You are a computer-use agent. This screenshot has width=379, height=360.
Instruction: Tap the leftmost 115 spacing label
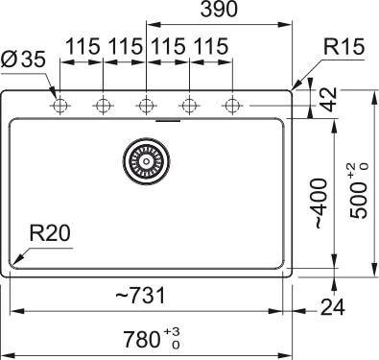click(x=83, y=47)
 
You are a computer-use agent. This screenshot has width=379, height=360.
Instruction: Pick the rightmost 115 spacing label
click(x=209, y=47)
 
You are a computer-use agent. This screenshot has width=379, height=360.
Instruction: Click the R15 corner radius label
click(x=343, y=46)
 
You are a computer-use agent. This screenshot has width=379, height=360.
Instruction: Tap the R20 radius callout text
click(x=49, y=232)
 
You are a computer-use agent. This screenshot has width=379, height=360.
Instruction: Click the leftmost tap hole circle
click(x=59, y=104)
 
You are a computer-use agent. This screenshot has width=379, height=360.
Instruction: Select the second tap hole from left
click(x=103, y=104)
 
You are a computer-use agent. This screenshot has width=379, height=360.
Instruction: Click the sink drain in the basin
click(x=145, y=161)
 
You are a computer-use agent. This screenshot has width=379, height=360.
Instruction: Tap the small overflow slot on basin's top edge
click(x=169, y=122)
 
